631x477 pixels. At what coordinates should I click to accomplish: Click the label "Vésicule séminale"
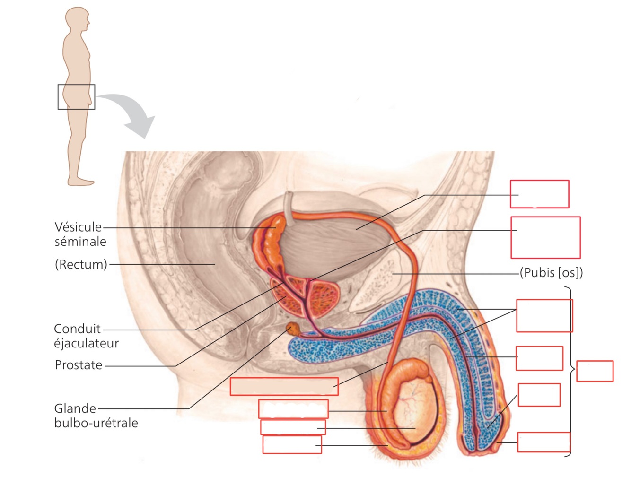click(x=79, y=234)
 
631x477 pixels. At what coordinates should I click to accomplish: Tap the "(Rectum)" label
click(x=81, y=264)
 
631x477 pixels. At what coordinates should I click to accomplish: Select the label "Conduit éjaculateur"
click(x=86, y=336)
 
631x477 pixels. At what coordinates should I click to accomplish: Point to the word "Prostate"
click(x=79, y=365)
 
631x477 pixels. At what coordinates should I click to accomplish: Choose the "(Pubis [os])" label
click(x=551, y=273)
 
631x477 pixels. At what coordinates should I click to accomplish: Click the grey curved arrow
click(x=132, y=114)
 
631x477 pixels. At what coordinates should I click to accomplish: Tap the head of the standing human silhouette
click(x=77, y=18)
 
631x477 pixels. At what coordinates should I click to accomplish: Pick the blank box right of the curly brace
click(x=595, y=371)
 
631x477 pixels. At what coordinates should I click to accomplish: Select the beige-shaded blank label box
click(x=284, y=386)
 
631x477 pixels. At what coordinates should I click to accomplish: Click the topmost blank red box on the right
click(x=539, y=194)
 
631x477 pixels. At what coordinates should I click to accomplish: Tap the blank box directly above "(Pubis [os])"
click(x=545, y=237)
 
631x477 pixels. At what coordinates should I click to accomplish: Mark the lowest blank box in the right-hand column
click(x=543, y=442)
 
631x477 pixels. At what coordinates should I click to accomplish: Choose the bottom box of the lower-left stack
click(x=292, y=445)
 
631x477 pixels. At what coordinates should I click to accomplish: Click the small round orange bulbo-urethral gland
click(x=293, y=328)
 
